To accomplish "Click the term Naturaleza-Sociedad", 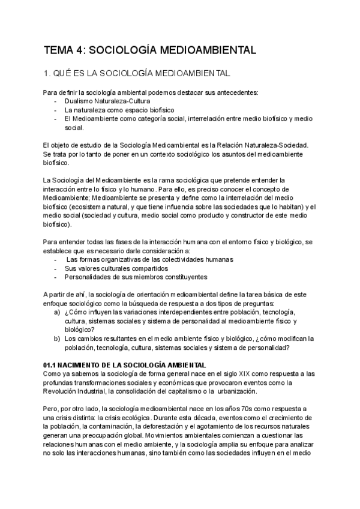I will coord(278,145).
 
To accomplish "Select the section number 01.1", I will coord(50,364).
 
